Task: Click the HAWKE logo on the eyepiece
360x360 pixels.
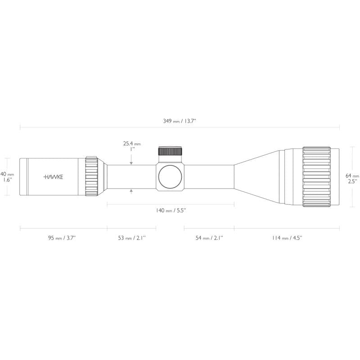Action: [x=53, y=177]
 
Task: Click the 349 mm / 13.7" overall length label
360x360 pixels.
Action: [x=180, y=121]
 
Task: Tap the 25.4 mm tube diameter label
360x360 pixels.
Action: [x=132, y=144]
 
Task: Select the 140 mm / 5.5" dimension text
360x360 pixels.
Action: [x=171, y=210]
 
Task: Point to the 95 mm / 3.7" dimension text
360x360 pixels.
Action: [x=62, y=238]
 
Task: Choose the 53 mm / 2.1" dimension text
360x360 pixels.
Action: [x=131, y=238]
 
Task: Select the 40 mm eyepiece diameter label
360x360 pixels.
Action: [x=7, y=174]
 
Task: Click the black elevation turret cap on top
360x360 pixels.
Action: [x=170, y=151]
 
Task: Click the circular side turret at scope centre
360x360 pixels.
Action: [x=170, y=176]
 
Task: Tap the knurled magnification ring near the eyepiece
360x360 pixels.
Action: [x=92, y=176]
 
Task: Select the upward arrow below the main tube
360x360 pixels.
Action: [x=131, y=191]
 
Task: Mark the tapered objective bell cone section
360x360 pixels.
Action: [x=256, y=176]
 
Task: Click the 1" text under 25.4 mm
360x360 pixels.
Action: [x=132, y=149]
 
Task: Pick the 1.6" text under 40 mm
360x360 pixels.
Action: [x=8, y=180]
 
